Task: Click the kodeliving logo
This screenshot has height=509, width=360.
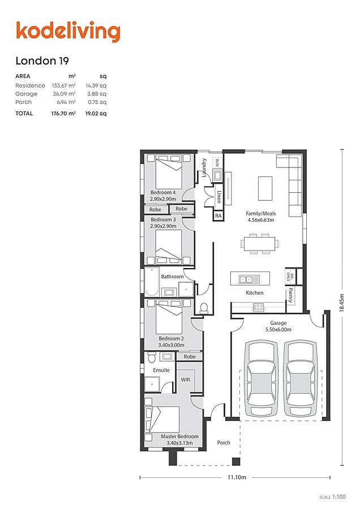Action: pyautogui.click(x=68, y=31)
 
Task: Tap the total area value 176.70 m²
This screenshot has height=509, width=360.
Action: pyautogui.click(x=66, y=113)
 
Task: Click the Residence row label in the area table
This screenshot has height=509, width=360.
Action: pyautogui.click(x=30, y=85)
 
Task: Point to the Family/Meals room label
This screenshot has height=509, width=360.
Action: pyautogui.click(x=260, y=214)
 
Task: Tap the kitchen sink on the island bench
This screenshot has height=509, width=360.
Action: pyautogui.click(x=246, y=279)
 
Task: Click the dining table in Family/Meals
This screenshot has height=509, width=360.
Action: pyautogui.click(x=260, y=244)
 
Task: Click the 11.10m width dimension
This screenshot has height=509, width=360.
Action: pyautogui.click(x=237, y=477)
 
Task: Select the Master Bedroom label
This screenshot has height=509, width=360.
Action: pyautogui.click(x=179, y=437)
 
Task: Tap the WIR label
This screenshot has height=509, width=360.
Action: pyautogui.click(x=185, y=380)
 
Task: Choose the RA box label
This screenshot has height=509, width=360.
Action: pyautogui.click(x=218, y=216)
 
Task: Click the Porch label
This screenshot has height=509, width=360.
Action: pyautogui.click(x=224, y=442)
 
